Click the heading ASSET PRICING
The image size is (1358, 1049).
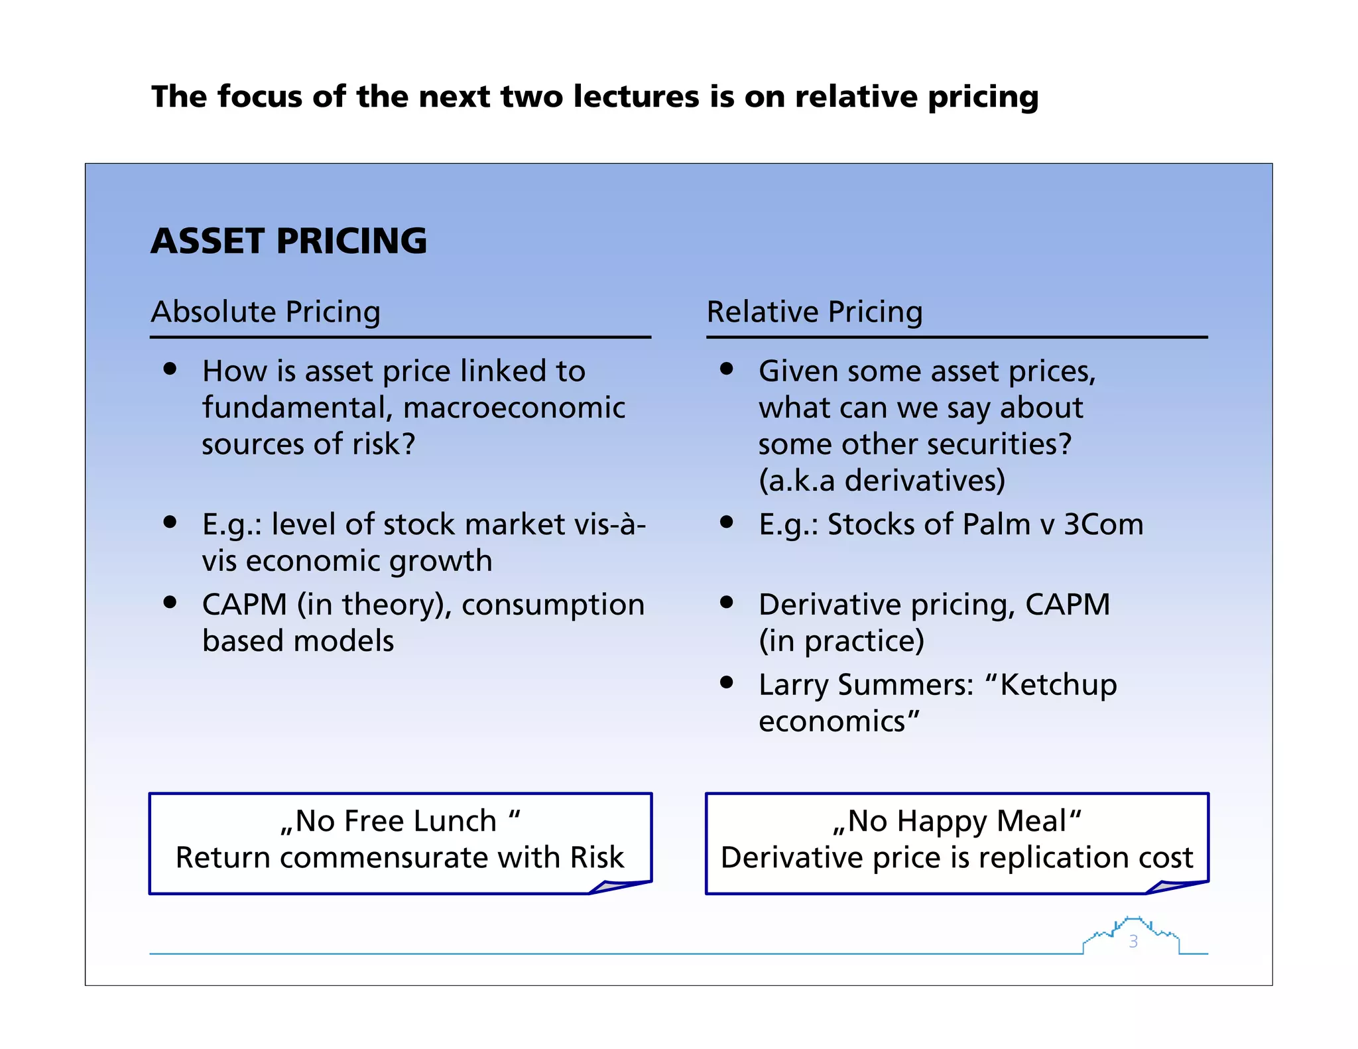pos(288,241)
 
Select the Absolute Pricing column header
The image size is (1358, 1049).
pos(265,312)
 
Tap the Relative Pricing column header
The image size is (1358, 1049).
pos(814,312)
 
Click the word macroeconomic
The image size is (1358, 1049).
pos(514,408)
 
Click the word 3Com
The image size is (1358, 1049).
pos(1103,524)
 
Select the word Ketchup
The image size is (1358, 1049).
pos(1058,685)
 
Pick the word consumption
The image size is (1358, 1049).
pos(553,605)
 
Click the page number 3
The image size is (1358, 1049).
pos(1133,942)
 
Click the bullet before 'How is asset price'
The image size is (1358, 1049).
pos(170,369)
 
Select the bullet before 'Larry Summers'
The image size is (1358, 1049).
pos(727,682)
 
